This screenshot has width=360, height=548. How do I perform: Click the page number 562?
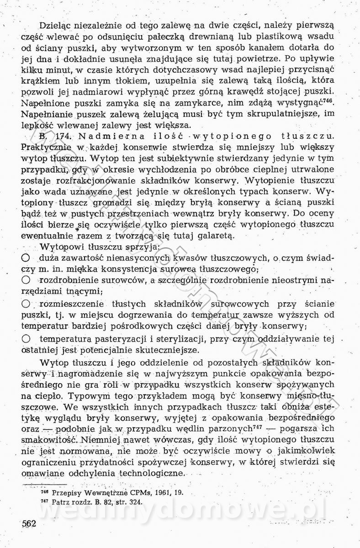pos(28,524)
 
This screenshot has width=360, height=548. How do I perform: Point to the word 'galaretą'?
pos(212,236)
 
